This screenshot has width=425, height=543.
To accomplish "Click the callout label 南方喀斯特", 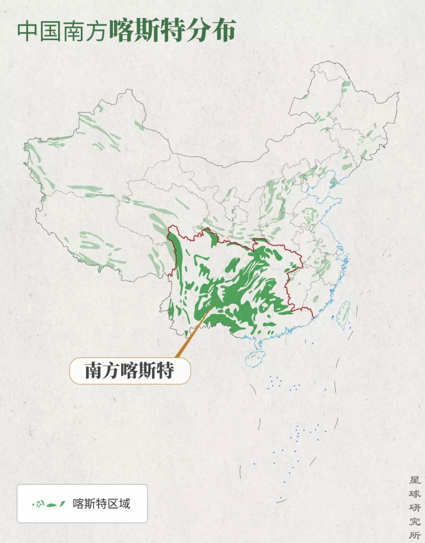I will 129,370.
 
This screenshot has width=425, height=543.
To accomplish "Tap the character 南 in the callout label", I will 94,370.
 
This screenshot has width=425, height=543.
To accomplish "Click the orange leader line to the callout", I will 193,334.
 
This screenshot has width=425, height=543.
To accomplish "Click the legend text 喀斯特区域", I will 101,504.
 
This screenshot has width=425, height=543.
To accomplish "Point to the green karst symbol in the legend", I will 49,504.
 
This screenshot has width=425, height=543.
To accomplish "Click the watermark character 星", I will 415,480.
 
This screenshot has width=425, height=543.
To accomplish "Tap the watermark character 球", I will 415,494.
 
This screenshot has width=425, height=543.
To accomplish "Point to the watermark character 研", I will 415,508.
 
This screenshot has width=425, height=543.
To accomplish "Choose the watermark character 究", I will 415,521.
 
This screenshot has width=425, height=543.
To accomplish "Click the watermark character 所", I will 415,535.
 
